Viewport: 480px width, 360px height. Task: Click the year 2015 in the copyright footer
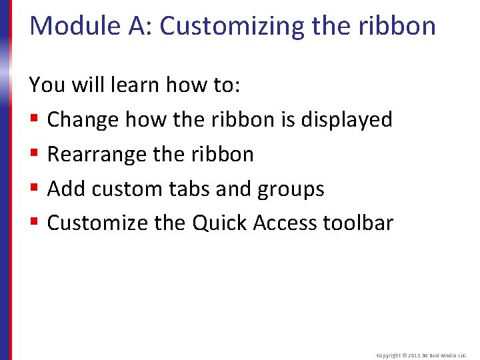coord(412,356)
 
